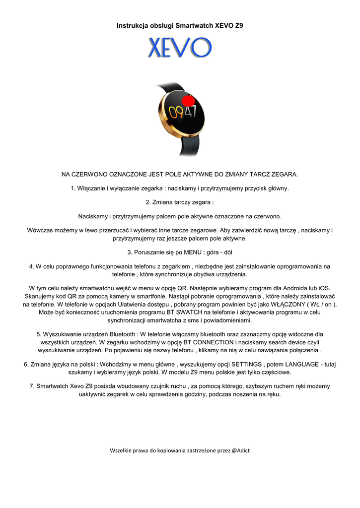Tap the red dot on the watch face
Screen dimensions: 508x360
188,102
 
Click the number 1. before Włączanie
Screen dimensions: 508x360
73,188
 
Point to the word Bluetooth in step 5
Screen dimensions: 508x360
122,334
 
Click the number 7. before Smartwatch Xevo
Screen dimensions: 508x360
32,386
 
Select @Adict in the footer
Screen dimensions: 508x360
240,450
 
